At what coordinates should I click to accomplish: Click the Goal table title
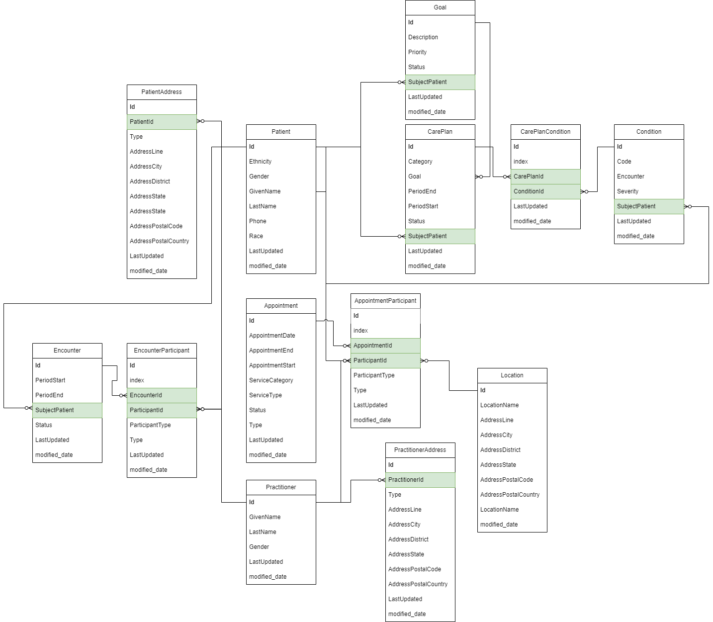click(x=440, y=7)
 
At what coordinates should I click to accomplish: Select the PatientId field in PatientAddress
click(x=142, y=122)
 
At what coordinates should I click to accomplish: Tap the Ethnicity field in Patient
click(x=260, y=161)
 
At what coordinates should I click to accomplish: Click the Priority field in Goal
click(x=417, y=52)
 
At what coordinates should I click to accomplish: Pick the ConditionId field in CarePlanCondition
click(x=529, y=191)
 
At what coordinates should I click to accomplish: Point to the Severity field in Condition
click(x=627, y=191)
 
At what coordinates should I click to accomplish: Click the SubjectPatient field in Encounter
click(x=54, y=410)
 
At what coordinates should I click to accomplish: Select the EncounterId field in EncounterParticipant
click(x=146, y=395)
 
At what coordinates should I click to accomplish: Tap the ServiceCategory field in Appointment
click(x=271, y=380)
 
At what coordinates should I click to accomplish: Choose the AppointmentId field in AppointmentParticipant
click(x=372, y=346)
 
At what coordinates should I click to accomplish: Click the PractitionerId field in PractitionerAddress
click(x=406, y=479)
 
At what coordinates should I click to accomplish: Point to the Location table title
click(x=512, y=375)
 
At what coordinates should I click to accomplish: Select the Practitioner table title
click(x=281, y=487)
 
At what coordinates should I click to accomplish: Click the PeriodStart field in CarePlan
click(x=423, y=206)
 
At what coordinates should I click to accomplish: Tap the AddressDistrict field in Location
click(x=500, y=450)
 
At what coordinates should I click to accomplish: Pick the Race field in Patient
click(x=256, y=236)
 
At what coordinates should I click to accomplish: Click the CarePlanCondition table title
click(x=545, y=132)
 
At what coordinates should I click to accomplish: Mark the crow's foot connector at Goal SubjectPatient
click(x=401, y=82)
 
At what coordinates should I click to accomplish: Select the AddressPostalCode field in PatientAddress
click(x=156, y=226)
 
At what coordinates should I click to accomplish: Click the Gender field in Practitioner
click(x=259, y=547)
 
